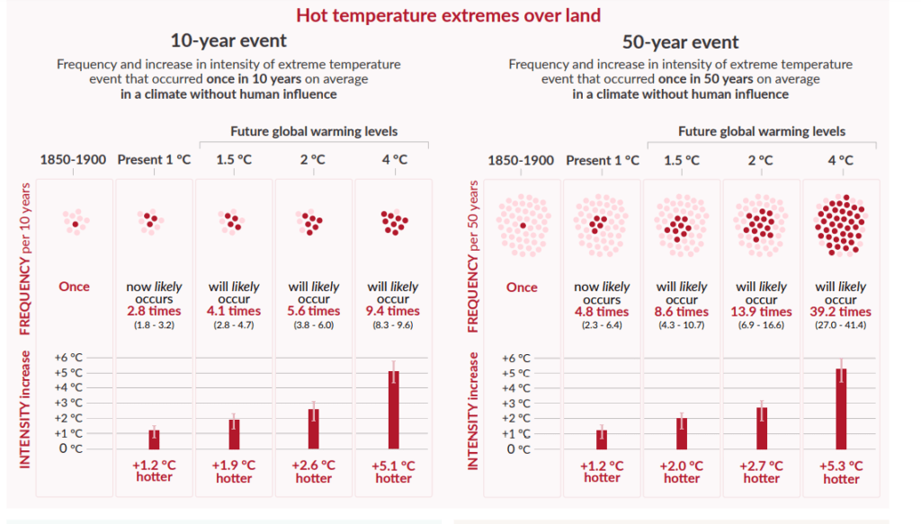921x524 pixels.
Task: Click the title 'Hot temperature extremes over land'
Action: [x=448, y=15]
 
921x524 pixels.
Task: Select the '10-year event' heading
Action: [x=228, y=40]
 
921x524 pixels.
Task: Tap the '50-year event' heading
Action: [x=680, y=41]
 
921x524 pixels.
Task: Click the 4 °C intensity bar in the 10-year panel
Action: [x=393, y=409]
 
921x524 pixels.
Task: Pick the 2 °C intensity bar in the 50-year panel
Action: [x=762, y=427]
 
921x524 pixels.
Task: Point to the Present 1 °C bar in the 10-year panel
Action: [x=154, y=439]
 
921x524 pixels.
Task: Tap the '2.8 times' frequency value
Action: [x=154, y=311]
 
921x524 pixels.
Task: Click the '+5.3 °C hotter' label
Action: [x=841, y=472]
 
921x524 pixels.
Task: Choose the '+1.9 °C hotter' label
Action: [x=234, y=472]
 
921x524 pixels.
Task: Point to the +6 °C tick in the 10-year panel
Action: [x=69, y=357]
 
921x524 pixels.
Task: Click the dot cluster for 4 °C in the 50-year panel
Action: [x=841, y=226]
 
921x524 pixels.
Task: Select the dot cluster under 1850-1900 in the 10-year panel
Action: [x=75, y=222]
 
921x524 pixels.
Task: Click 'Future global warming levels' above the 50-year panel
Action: [x=762, y=131]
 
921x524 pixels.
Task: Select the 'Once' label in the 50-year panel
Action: [x=522, y=288]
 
